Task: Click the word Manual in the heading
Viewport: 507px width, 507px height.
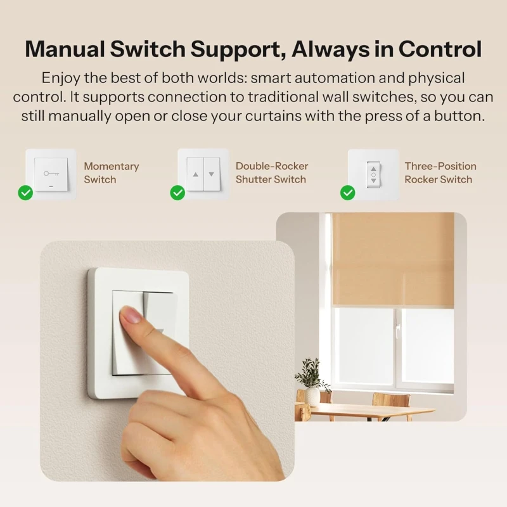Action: pos(65,49)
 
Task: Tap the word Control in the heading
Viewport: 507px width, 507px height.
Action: pos(440,49)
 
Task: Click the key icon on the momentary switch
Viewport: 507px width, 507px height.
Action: pos(51,174)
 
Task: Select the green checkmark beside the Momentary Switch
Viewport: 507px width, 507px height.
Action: pos(25,193)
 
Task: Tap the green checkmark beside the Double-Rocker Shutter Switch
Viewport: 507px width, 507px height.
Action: pos(177,193)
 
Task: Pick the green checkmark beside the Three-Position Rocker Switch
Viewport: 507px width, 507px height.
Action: pos(347,193)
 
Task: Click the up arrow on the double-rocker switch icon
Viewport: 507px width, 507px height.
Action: pos(195,175)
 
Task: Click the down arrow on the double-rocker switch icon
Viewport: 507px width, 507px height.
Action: pos(211,175)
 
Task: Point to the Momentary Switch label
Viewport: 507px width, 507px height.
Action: pos(112,172)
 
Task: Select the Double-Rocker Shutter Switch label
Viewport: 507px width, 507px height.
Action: pos(272,172)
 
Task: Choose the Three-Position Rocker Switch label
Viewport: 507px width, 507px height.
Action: pos(440,172)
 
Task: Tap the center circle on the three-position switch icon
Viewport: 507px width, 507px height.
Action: pos(373,175)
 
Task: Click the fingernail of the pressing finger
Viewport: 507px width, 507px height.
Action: pos(130,314)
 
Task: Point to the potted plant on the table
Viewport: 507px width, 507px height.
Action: pos(311,382)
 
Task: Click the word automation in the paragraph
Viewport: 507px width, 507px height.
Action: pos(333,78)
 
